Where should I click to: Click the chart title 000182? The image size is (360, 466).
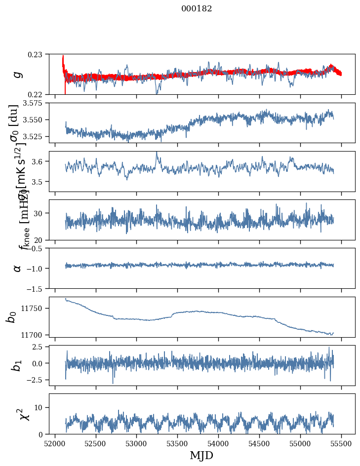click(197, 9)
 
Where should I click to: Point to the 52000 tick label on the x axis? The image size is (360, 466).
click(55, 443)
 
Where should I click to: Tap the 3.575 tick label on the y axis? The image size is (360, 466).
click(34, 103)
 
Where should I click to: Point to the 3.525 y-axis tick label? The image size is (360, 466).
click(34, 136)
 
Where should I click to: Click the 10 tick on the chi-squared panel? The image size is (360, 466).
click(41, 407)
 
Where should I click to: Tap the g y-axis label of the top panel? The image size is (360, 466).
click(17, 74)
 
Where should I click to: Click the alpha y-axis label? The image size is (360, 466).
click(17, 268)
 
